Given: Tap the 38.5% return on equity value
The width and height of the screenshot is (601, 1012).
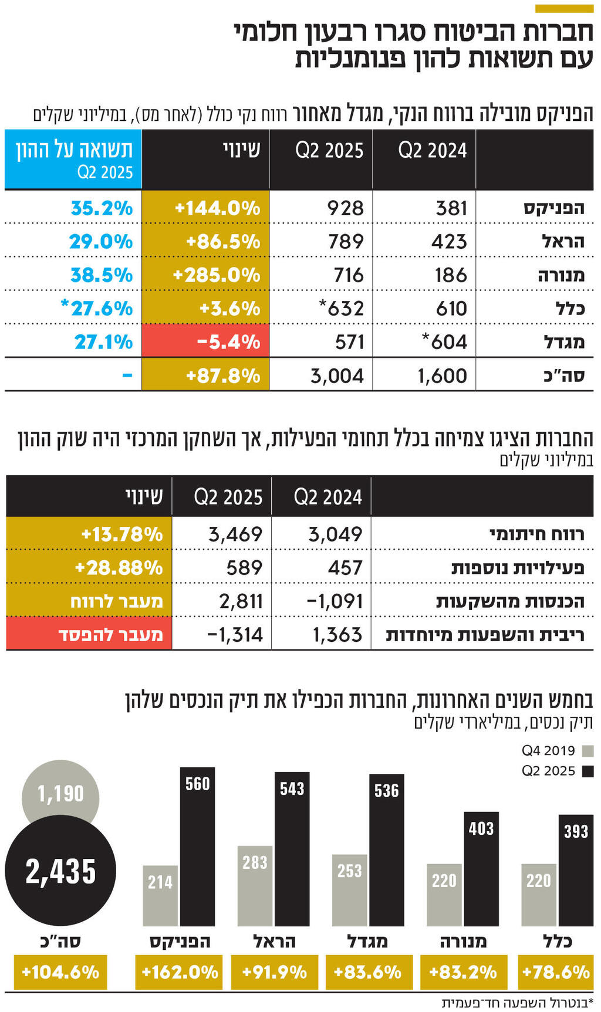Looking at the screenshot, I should pos(102,275).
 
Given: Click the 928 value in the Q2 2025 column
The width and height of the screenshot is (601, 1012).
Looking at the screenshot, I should pos(345,208).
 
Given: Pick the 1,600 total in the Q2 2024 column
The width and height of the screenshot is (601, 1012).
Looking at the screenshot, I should pos(442,375).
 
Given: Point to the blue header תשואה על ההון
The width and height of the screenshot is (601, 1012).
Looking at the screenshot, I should pos(73,158).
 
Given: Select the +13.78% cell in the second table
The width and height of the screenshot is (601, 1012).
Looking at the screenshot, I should pos(121,534).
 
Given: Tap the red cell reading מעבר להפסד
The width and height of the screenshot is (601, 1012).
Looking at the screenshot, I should pos(110,635).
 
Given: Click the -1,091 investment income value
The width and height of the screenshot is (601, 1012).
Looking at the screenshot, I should pos(335,601).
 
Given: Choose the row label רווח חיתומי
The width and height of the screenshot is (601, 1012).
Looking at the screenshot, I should pos(536,534).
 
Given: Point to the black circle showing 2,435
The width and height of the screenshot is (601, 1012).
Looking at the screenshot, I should pos(60,871).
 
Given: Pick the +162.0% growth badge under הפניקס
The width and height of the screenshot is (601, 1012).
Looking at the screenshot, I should pos(179,972).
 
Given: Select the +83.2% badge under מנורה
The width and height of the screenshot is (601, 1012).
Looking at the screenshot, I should pos(463,972).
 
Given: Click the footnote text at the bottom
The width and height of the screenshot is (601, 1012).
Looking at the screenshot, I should pos(516,1002).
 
